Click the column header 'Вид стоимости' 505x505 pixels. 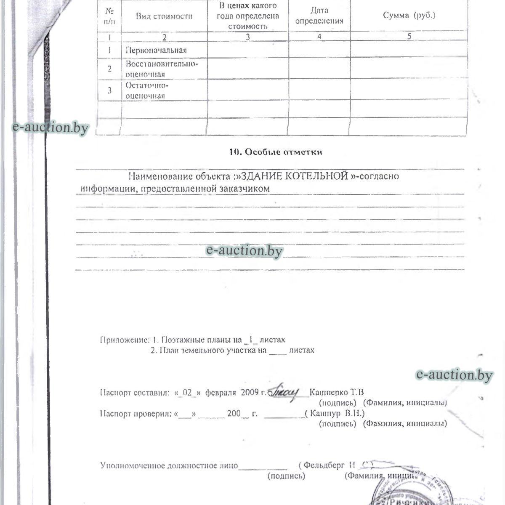pos(164,16)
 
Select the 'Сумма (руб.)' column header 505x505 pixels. pos(409,15)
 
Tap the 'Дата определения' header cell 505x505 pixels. pos(319,16)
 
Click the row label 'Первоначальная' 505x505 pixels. pos(157,50)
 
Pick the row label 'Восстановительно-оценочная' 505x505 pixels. pos(162,69)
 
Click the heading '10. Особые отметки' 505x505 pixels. pos(276,152)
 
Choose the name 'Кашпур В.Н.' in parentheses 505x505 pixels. pos(337,413)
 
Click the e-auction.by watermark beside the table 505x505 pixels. pos(50,127)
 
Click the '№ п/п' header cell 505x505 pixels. pos(109,16)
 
